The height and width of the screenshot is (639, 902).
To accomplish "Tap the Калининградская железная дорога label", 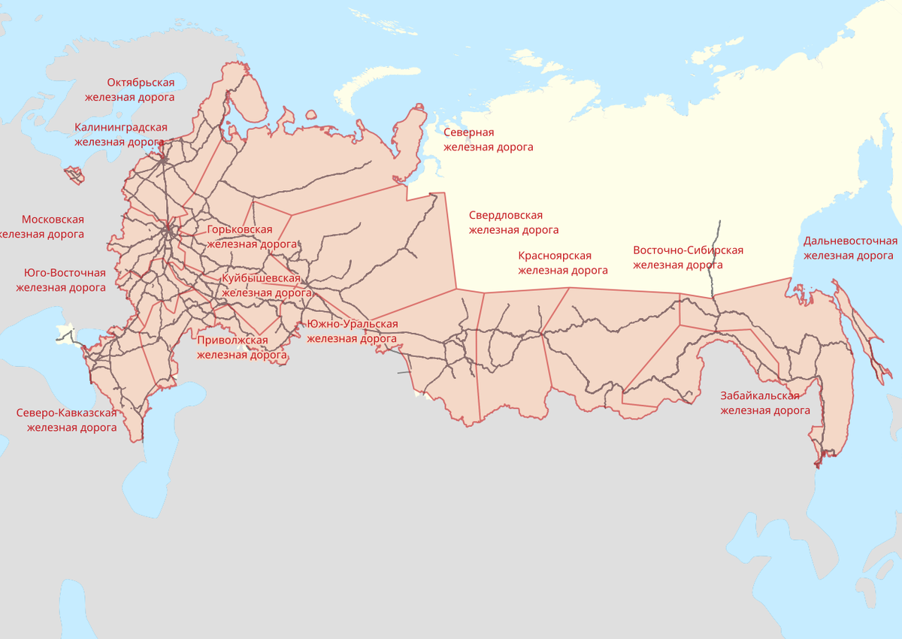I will [x=120, y=134].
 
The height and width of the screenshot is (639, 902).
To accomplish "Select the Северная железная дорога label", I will [x=488, y=140].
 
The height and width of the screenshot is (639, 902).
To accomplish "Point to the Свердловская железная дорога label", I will [x=513, y=223].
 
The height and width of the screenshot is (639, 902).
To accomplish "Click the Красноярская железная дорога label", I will [x=562, y=263].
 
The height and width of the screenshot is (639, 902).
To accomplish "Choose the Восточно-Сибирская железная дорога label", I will [x=687, y=257].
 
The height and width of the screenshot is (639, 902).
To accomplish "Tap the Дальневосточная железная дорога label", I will [x=849, y=248].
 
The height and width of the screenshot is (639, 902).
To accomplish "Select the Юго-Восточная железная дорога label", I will [x=62, y=280].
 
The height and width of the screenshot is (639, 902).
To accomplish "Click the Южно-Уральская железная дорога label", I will [x=352, y=331].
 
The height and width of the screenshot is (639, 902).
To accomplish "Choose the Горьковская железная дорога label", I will [x=251, y=236].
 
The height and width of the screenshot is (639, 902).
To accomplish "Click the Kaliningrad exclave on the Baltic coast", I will [x=74, y=175].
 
